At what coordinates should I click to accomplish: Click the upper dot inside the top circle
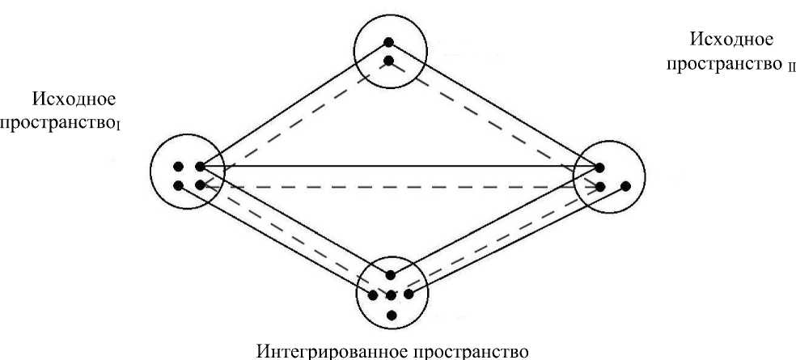[x=389, y=43]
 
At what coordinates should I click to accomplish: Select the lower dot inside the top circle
[x=389, y=61]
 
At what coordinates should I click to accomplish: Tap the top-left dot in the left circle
[x=179, y=167]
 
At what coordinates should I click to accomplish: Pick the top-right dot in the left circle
[x=198, y=167]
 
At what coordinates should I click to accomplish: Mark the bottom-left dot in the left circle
[x=179, y=185]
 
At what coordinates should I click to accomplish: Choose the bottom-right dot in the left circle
[x=198, y=185]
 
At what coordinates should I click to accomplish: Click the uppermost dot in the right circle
[x=599, y=168]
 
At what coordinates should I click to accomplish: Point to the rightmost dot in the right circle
[x=625, y=187]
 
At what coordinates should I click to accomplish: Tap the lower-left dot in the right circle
[x=600, y=187]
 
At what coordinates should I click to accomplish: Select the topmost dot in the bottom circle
[x=391, y=275]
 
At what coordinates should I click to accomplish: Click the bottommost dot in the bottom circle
[x=391, y=314]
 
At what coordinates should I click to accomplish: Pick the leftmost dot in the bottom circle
[x=372, y=294]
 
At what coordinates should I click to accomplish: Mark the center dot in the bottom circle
[x=391, y=294]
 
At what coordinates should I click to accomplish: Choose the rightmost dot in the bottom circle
[x=409, y=294]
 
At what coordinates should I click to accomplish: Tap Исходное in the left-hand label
[x=74, y=100]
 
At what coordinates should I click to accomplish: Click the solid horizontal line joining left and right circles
[x=396, y=167]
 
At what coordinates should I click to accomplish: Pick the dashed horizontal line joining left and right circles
[x=396, y=186]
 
